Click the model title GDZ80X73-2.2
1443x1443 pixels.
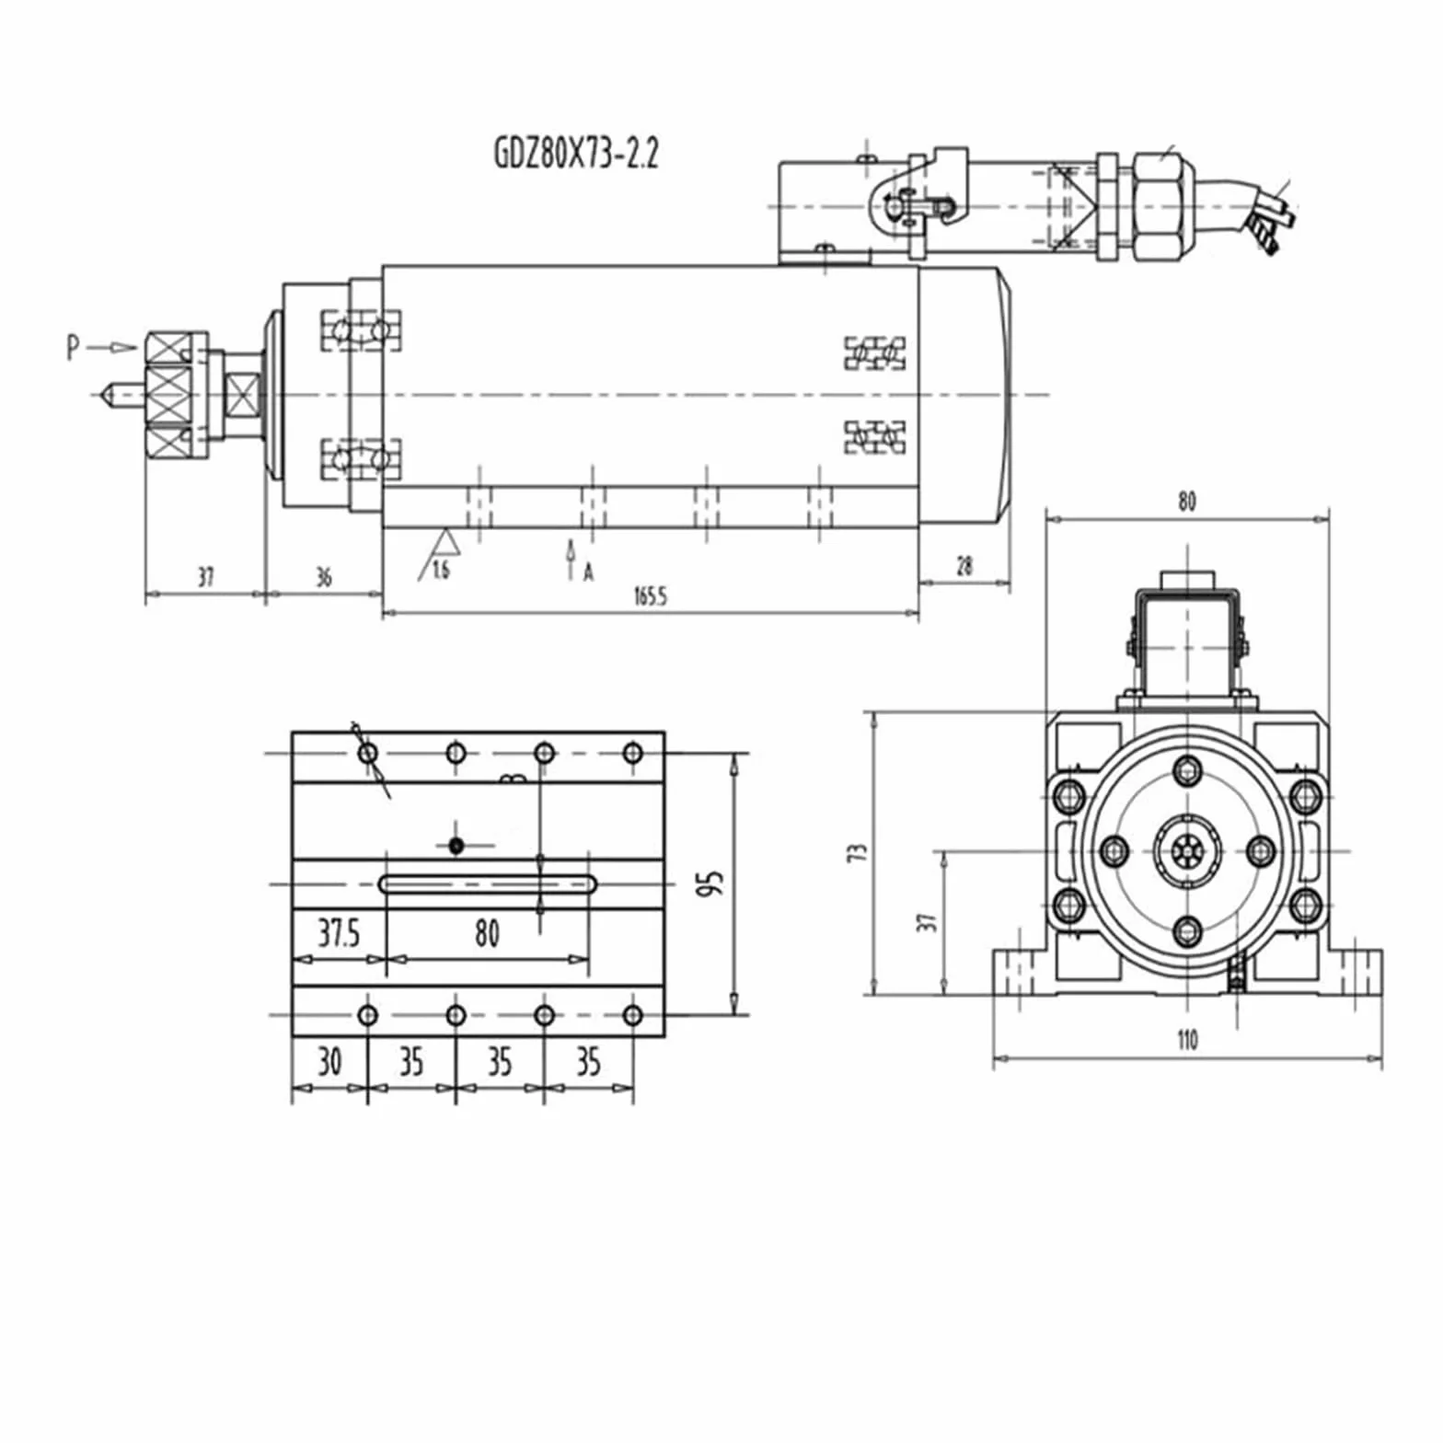click(576, 153)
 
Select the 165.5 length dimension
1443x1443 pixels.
click(649, 596)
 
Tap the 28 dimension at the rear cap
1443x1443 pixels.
click(964, 566)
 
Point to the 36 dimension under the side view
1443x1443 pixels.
click(323, 577)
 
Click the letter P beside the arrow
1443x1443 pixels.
click(74, 347)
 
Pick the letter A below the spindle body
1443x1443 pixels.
click(589, 572)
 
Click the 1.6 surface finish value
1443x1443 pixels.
click(441, 570)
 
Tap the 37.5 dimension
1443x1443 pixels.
click(339, 933)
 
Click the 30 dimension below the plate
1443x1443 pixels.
click(329, 1062)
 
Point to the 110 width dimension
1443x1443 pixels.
click(1187, 1040)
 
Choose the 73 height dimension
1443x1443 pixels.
click(858, 852)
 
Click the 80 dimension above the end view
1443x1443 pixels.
click(1187, 502)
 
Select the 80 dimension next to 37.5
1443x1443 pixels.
click(487, 933)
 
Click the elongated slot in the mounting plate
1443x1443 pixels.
click(489, 884)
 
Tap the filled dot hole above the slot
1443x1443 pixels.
click(456, 845)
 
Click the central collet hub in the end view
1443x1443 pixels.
click(1188, 852)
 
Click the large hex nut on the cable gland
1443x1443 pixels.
click(1163, 206)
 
